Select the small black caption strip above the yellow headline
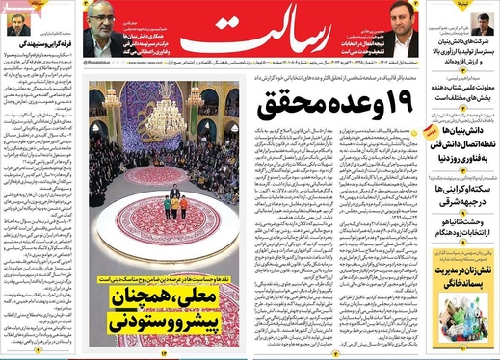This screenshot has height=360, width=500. (x=164, y=278)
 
